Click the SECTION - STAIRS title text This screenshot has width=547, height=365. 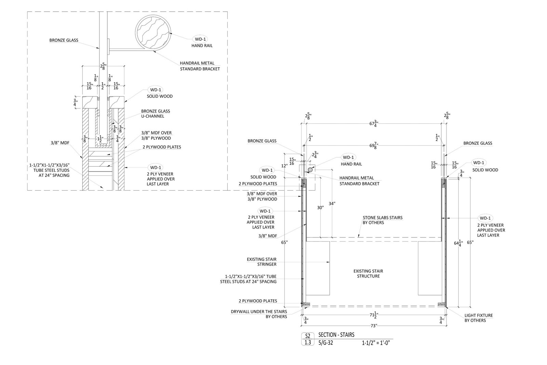tap(336, 335)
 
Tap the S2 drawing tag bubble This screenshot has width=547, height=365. tap(308, 336)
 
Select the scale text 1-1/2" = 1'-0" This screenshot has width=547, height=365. tap(376, 343)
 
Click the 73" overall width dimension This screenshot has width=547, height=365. tap(374, 326)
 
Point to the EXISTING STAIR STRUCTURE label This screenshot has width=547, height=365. tap(368, 274)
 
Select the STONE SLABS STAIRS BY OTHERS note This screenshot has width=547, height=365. tap(383, 220)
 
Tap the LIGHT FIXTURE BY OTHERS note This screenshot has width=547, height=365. tap(478, 318)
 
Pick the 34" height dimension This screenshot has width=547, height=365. tap(332, 204)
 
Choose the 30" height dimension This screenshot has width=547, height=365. tap(320, 208)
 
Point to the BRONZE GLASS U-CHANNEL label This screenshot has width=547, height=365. tap(156, 114)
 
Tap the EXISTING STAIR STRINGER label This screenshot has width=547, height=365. tap(262, 262)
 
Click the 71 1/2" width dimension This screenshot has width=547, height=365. tap(374, 315)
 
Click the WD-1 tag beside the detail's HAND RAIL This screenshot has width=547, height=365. tap(200, 39)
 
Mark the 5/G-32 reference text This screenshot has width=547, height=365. tap(325, 343)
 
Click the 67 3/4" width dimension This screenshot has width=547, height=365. tap(374, 123)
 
